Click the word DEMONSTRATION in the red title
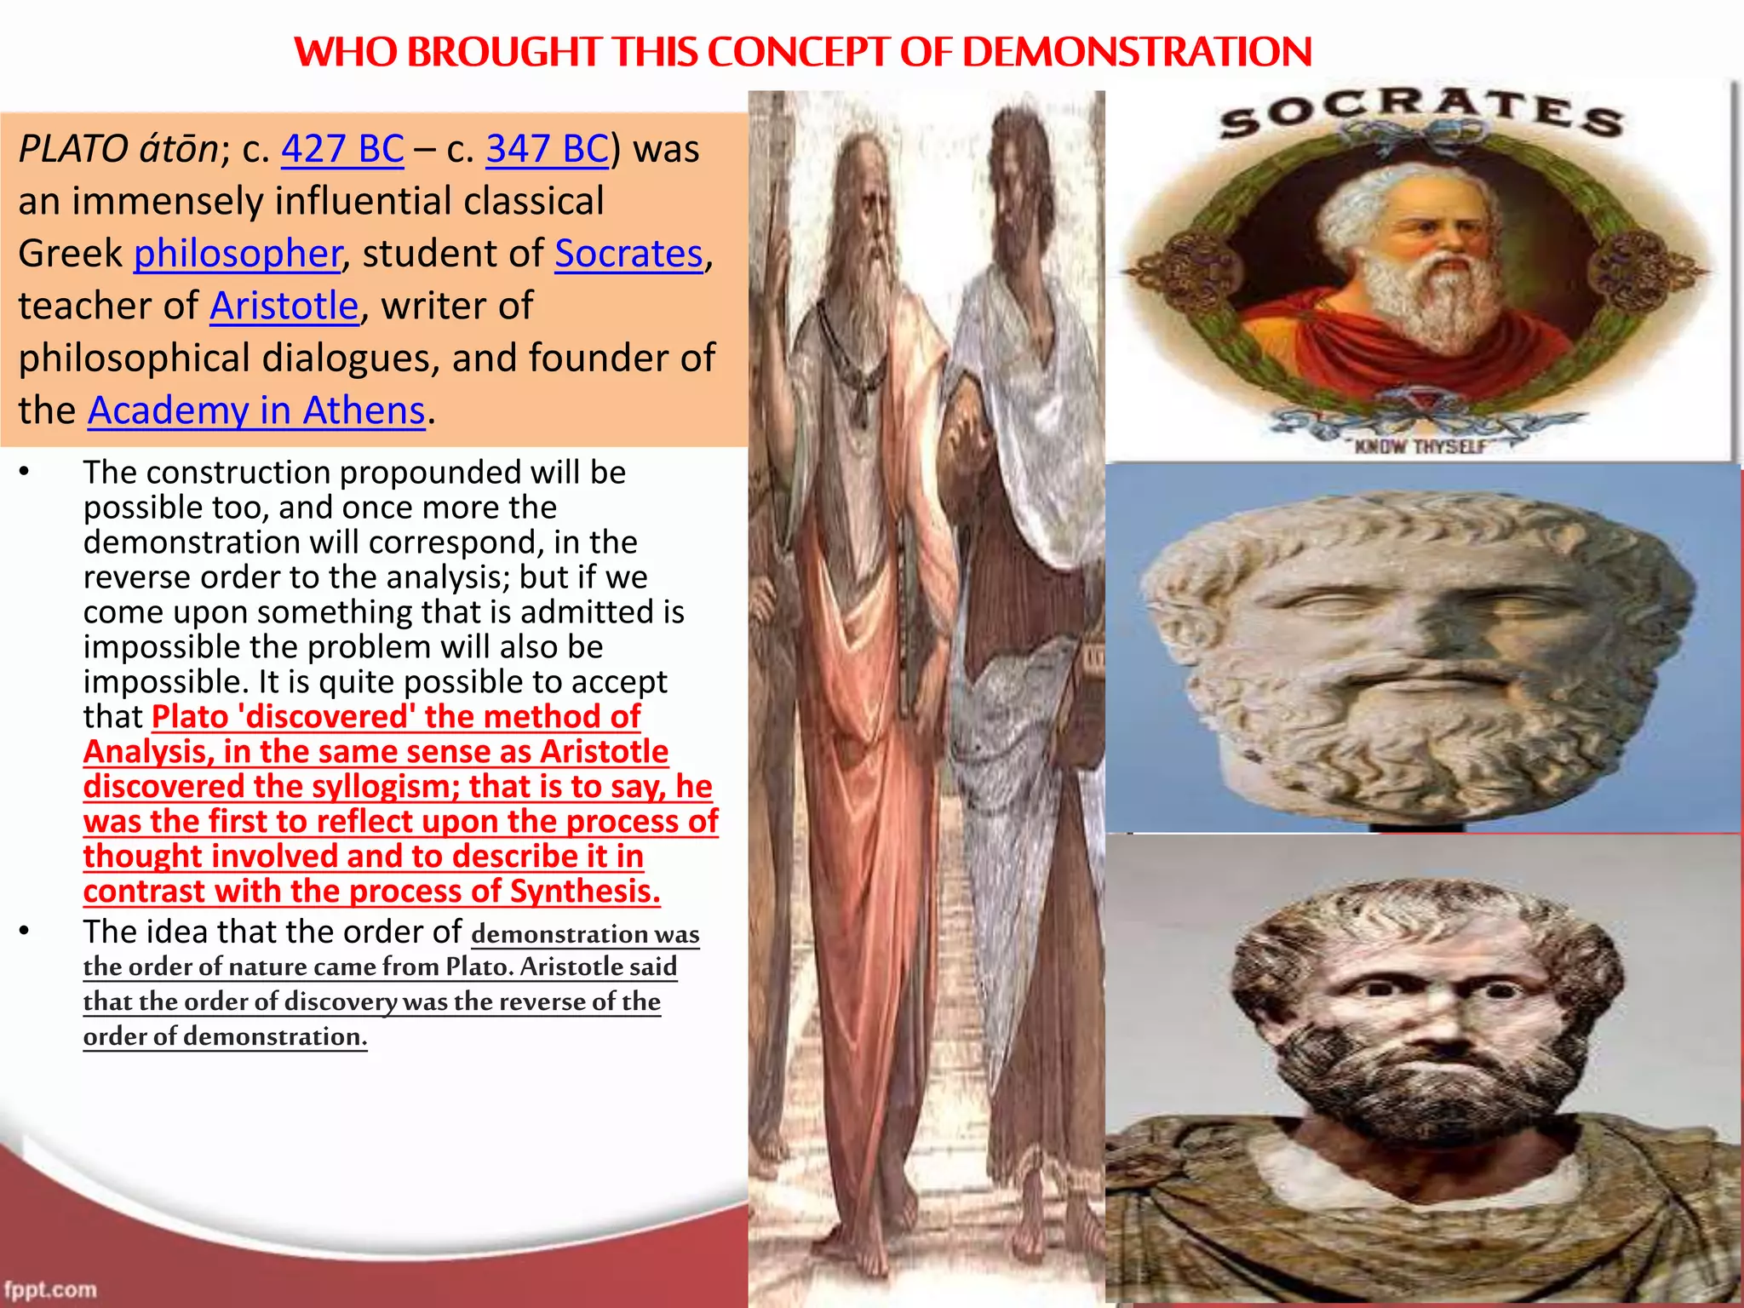(1137, 52)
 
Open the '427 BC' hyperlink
(342, 149)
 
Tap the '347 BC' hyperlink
(548, 149)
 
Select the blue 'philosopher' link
(238, 254)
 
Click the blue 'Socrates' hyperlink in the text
(628, 254)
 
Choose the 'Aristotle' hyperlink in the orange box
(284, 306)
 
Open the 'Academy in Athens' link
(256, 410)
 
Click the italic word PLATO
(72, 149)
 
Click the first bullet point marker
(25, 473)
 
